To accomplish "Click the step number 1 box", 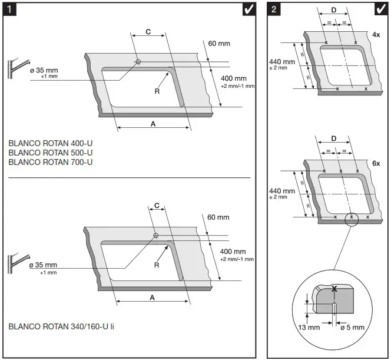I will click(10, 9).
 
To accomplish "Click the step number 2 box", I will click(274, 9).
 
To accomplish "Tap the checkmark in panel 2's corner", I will click(380, 9).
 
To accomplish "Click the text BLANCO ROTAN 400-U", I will click(51, 143).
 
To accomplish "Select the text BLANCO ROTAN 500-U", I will click(51, 152).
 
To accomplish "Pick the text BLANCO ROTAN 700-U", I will click(51, 161).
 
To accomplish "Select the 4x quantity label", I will click(376, 35).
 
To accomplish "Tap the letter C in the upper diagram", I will click(147, 32).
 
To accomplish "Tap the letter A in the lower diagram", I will click(153, 298).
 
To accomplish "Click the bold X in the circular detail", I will click(334, 289).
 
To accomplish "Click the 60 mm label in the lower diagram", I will click(218, 217).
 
